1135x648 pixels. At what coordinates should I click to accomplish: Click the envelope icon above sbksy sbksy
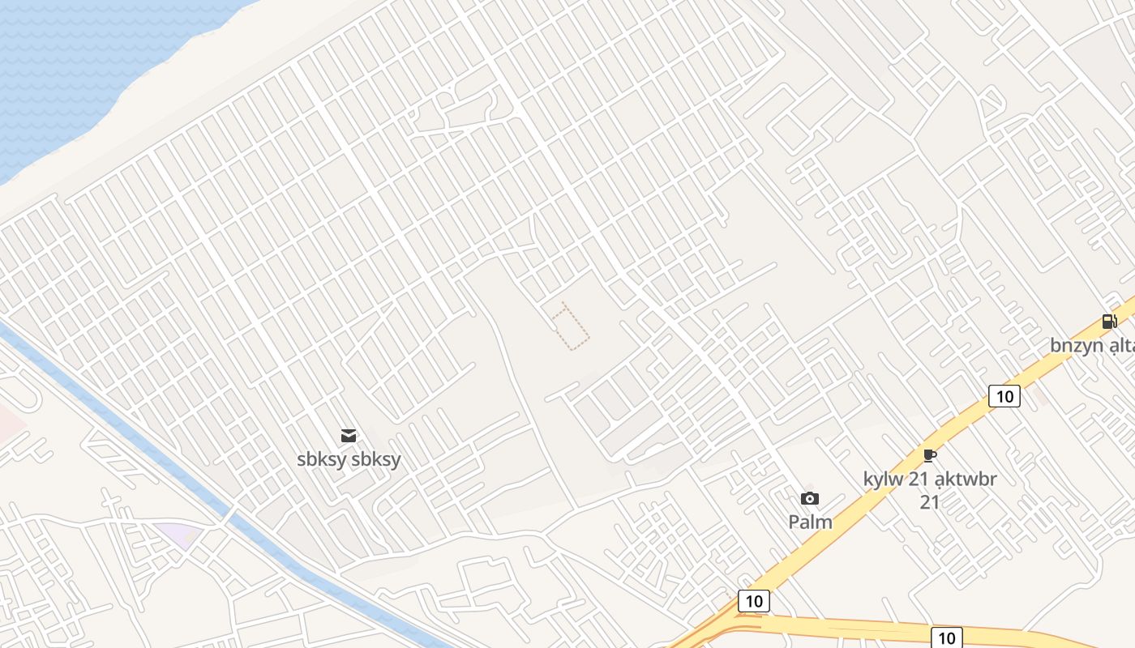click(x=349, y=436)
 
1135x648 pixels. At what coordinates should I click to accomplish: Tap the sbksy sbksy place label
click(x=349, y=459)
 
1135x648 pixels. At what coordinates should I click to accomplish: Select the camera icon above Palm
click(x=809, y=499)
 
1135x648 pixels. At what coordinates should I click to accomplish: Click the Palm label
click(x=810, y=522)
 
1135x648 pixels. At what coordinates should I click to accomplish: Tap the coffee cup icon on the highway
click(x=929, y=456)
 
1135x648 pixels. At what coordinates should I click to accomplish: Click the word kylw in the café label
click(x=883, y=479)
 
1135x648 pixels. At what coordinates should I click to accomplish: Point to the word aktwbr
click(x=966, y=479)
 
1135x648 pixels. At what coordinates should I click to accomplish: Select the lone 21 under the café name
click(x=929, y=502)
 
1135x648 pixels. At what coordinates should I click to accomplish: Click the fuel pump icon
click(x=1109, y=322)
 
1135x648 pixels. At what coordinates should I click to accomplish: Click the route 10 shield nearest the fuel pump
click(x=1004, y=396)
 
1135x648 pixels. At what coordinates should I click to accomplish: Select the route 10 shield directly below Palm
click(x=754, y=601)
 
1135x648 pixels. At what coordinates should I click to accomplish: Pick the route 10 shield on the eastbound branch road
click(x=946, y=637)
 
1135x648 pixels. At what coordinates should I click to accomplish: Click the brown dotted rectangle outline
click(x=571, y=326)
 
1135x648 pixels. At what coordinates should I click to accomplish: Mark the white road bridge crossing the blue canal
click(x=229, y=516)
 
